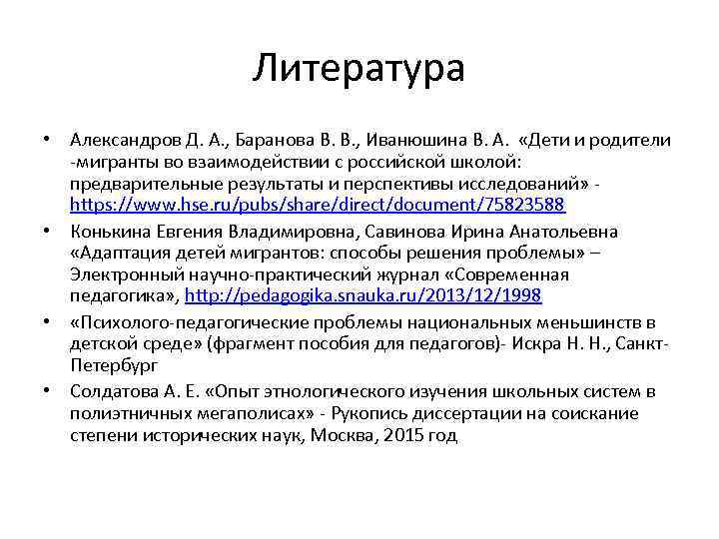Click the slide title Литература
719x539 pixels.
pyautogui.click(x=359, y=69)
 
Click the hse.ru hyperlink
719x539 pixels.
pyautogui.click(x=318, y=205)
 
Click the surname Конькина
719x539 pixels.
pyautogui.click(x=107, y=232)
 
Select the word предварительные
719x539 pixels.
pyautogui.click(x=149, y=184)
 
